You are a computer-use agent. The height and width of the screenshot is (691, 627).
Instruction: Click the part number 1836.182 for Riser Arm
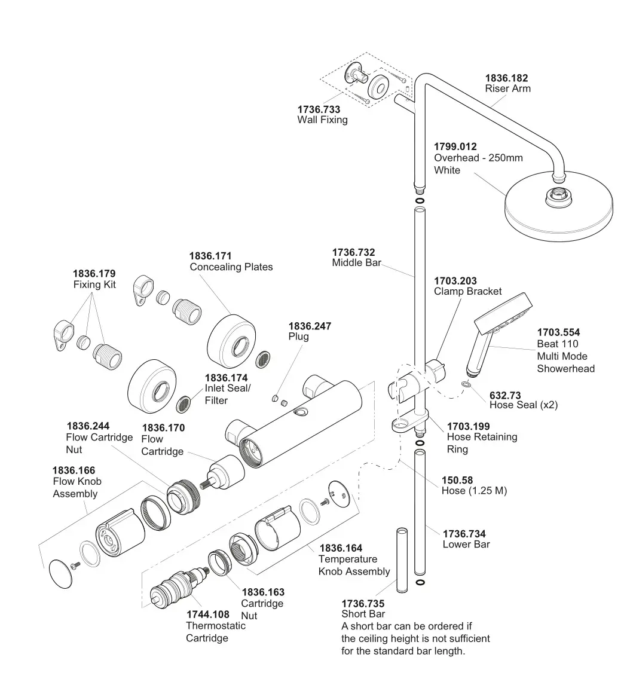tap(506, 78)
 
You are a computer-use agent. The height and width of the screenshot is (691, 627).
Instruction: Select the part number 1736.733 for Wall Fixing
tap(319, 109)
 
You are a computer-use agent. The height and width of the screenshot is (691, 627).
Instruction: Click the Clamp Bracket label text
tap(467, 292)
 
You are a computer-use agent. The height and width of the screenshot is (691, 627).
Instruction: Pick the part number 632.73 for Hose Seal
tap(505, 395)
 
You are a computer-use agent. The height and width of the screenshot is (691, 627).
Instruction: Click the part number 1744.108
tap(207, 614)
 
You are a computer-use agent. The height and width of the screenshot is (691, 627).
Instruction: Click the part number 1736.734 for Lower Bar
tap(464, 534)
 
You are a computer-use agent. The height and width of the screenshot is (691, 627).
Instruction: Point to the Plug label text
tap(298, 337)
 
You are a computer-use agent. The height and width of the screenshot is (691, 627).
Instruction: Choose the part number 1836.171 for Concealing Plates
tap(211, 255)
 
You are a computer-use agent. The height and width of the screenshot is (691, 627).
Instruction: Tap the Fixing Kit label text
tap(94, 285)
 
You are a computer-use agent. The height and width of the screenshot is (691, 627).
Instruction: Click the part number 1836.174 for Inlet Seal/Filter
tap(226, 378)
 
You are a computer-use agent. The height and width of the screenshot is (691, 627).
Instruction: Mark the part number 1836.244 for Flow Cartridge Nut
tap(88, 426)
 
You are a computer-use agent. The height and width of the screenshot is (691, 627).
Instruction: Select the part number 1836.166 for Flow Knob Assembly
tap(74, 470)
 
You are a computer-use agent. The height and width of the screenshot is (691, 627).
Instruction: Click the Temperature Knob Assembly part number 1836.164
tap(341, 548)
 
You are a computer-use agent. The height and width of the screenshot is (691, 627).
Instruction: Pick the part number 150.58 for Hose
tap(457, 480)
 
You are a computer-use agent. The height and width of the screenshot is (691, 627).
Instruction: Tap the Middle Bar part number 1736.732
tap(353, 252)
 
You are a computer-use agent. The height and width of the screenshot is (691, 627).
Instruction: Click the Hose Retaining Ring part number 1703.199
tap(468, 426)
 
